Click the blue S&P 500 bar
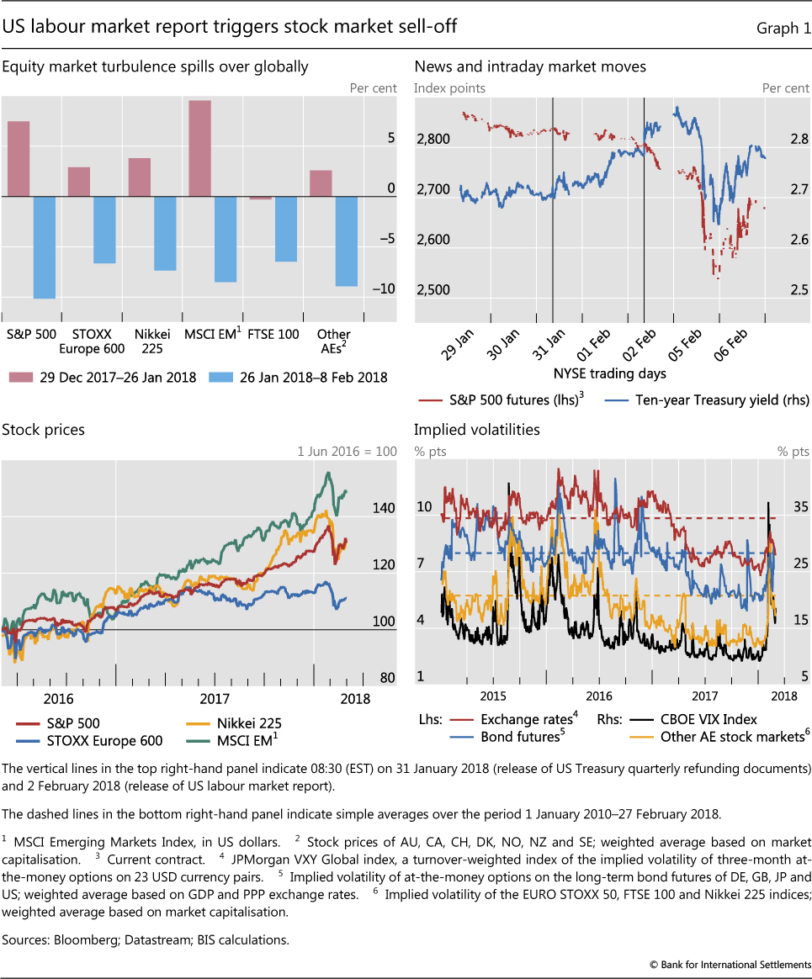point(44,247)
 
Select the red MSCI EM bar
point(199,148)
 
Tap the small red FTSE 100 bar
point(261,198)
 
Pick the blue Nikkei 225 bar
point(165,233)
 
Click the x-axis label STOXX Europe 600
point(92,341)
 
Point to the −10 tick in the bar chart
point(385,289)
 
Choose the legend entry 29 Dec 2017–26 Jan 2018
point(107,377)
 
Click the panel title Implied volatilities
point(476,430)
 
